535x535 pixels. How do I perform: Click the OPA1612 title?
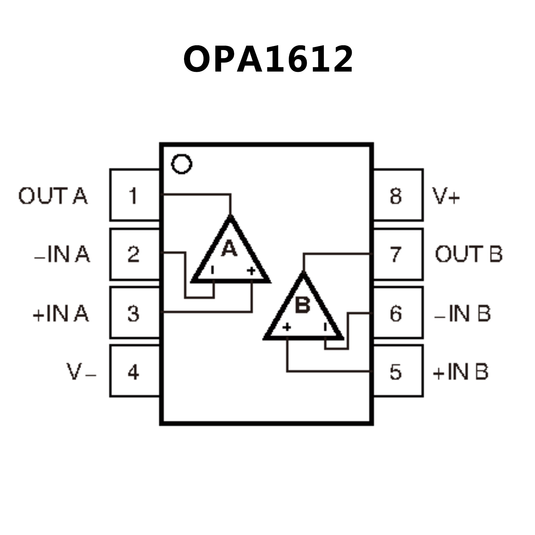point(268,59)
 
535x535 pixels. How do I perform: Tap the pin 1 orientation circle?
point(182,164)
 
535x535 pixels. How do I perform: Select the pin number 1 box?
point(134,195)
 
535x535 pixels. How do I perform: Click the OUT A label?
point(53,196)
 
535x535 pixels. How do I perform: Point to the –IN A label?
point(62,254)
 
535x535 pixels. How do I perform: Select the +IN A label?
point(61,313)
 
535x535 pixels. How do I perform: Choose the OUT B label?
point(468,254)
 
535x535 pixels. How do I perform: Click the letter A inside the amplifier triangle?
point(229,249)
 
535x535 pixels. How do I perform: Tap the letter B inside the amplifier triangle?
point(303,305)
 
